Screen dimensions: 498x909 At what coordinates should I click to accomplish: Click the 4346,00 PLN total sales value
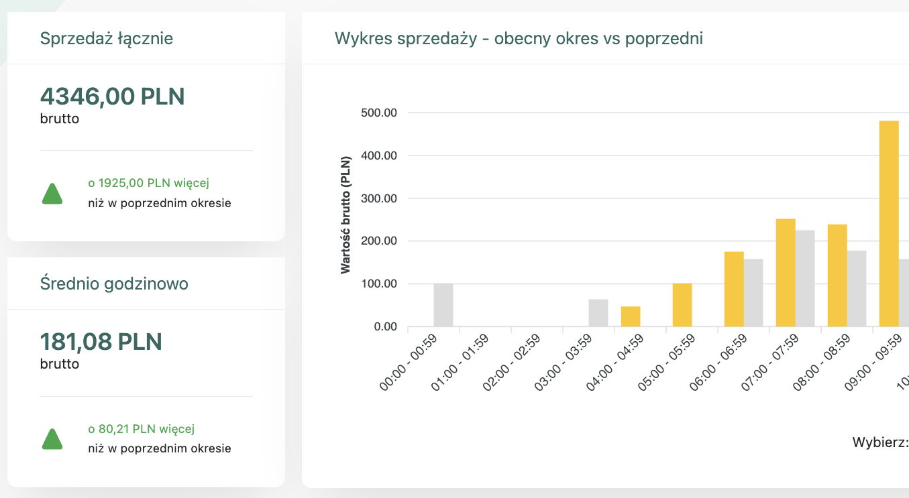[112, 97]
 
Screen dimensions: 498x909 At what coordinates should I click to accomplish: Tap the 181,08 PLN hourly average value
[101, 342]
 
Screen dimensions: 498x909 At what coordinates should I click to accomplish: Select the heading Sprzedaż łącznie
[107, 39]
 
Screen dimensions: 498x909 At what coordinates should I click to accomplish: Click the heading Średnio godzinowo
[114, 284]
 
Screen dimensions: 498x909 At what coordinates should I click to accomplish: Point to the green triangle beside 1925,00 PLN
[52, 193]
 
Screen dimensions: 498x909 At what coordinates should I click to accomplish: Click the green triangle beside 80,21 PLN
[52, 439]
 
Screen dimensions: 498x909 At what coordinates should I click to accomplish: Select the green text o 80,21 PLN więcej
[141, 429]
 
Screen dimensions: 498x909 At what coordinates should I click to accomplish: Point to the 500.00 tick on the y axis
[378, 113]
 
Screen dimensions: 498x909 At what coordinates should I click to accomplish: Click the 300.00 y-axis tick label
[378, 199]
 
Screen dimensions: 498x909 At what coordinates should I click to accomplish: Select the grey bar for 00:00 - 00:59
[443, 306]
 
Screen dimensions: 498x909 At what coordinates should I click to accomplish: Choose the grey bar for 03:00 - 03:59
[598, 313]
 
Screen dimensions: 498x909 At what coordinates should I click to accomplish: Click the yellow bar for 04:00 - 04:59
[631, 316]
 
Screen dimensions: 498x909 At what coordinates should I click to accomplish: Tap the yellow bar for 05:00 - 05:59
[682, 306]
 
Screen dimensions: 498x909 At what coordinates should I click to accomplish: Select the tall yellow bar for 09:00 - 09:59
[889, 224]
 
